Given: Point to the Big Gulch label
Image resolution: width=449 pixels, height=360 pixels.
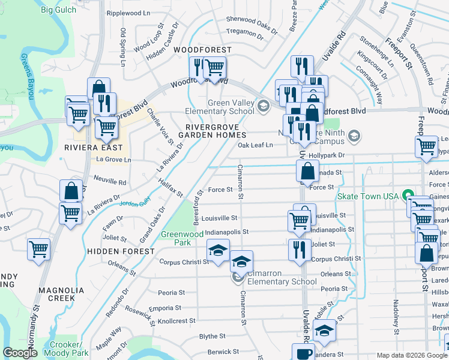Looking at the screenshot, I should (59, 10).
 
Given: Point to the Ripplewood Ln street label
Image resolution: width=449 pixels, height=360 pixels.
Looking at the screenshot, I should (128, 13).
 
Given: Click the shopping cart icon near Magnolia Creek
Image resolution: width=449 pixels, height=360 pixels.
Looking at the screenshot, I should (39, 248).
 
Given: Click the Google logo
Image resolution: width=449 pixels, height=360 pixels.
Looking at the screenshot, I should (20, 353).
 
